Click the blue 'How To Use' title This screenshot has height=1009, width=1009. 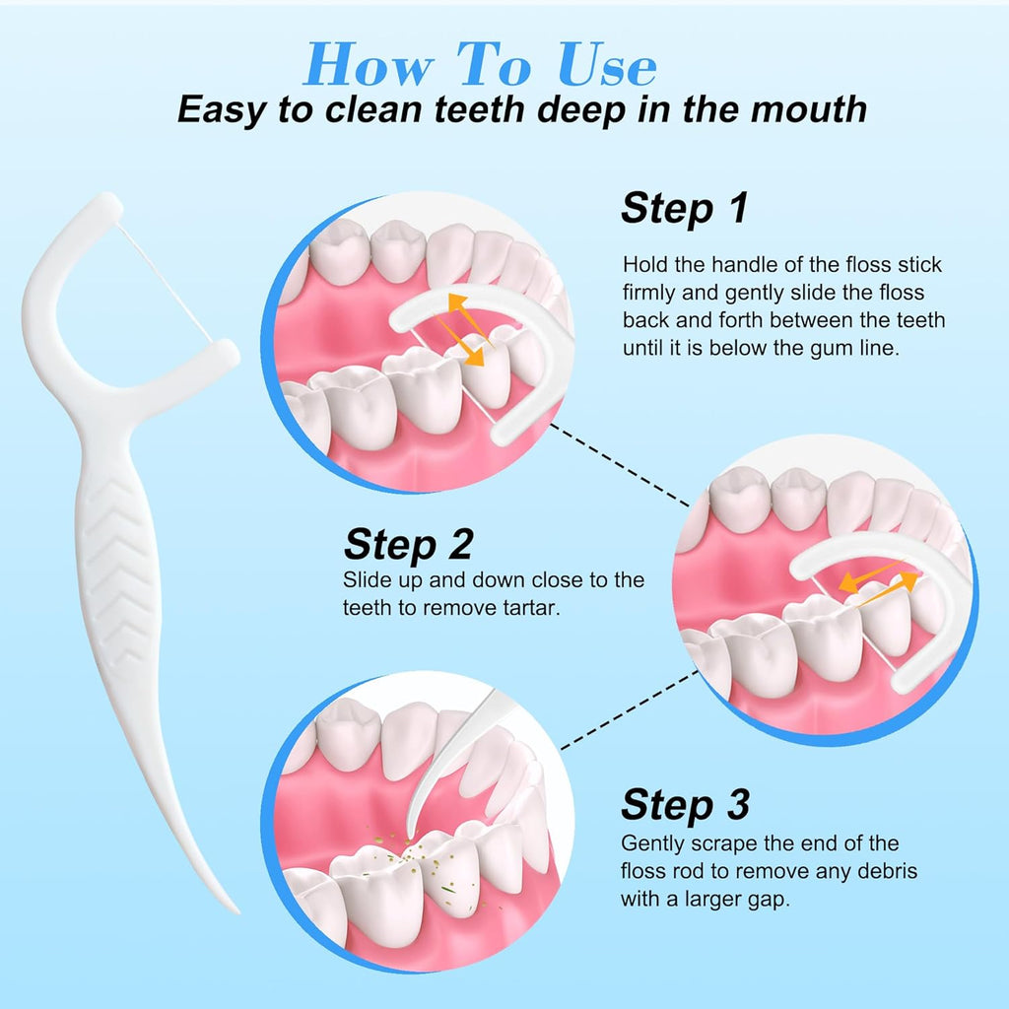[x=480, y=64]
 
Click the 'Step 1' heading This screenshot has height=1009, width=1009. [x=685, y=208]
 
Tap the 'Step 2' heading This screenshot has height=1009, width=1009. [x=409, y=544]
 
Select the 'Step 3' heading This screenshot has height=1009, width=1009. [x=686, y=804]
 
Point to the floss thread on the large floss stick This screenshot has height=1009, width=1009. [x=165, y=283]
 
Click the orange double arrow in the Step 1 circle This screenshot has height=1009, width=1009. [x=465, y=329]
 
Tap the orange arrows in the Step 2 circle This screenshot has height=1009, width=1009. [x=878, y=579]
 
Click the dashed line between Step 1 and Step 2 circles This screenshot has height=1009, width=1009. [x=620, y=465]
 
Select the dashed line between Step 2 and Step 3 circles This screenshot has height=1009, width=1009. [x=630, y=709]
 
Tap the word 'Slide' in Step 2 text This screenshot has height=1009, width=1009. [x=367, y=579]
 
